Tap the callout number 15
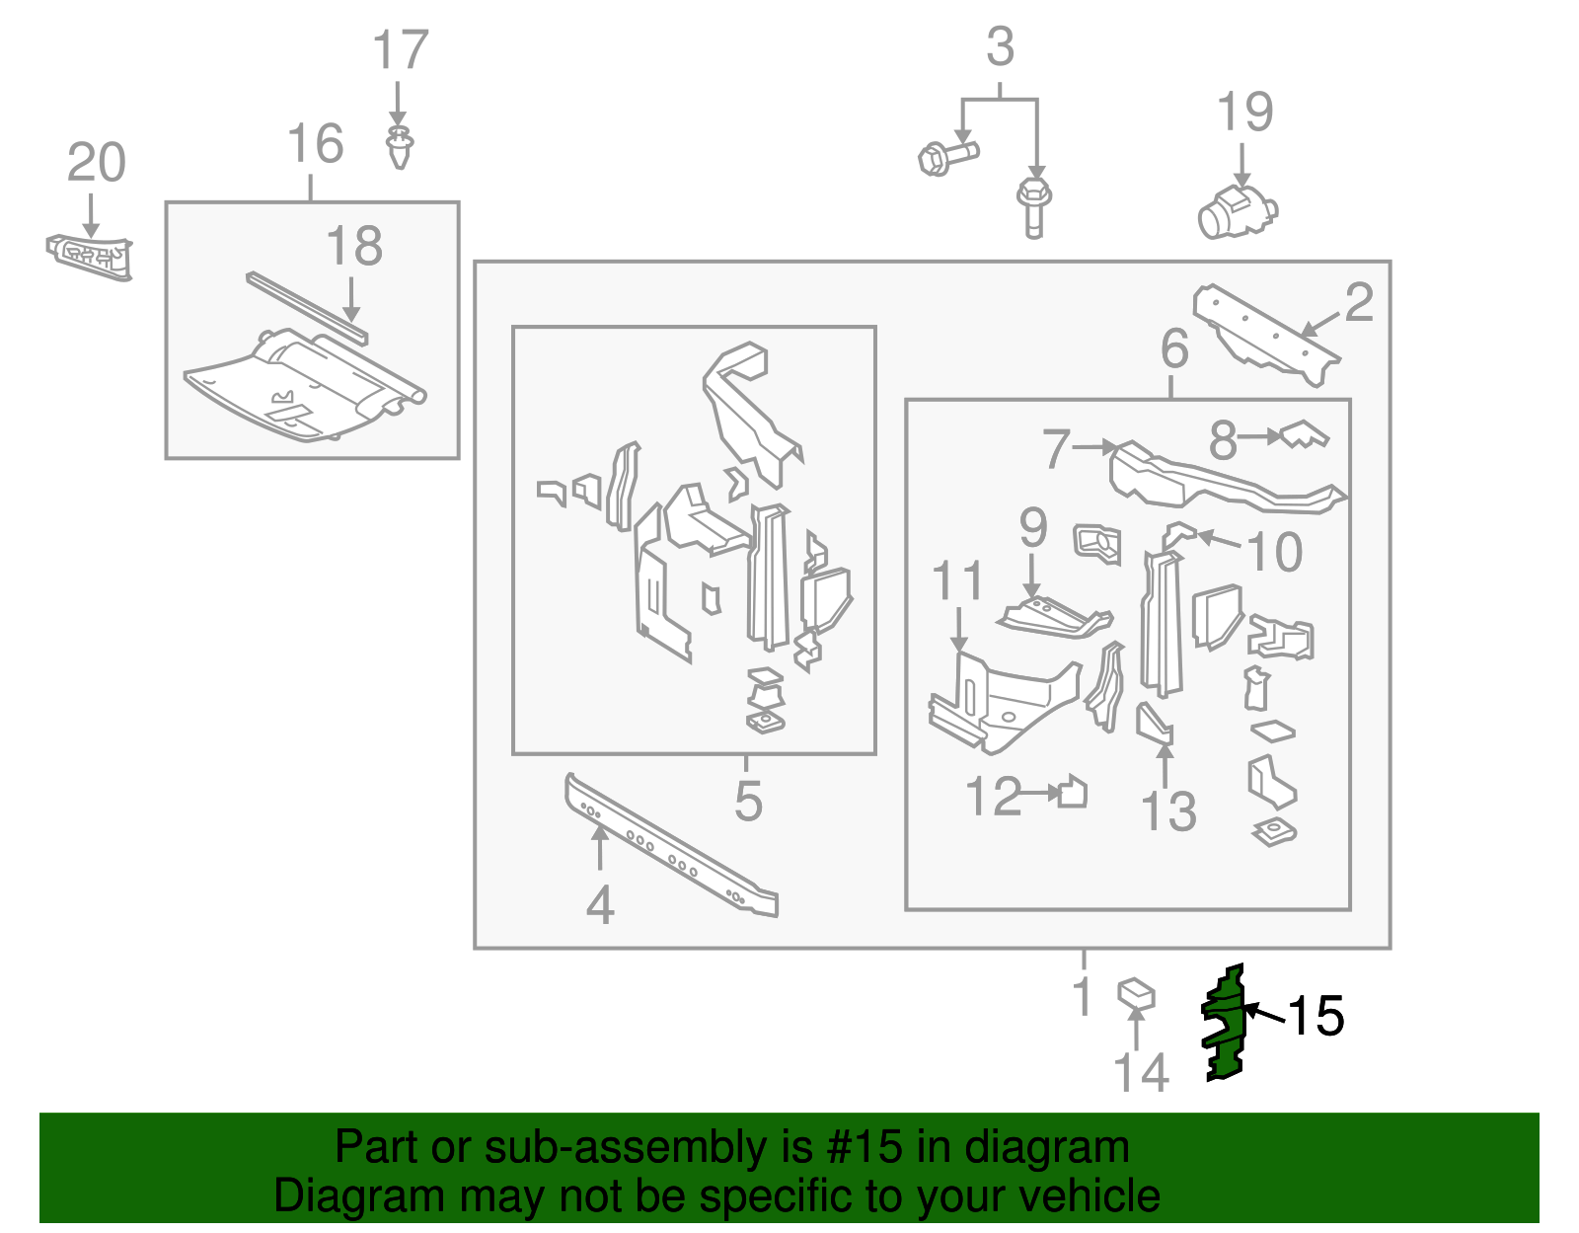tap(1316, 1016)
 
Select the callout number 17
tap(401, 51)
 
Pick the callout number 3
tap(1000, 47)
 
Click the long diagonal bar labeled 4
tap(671, 846)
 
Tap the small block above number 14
tap(1136, 993)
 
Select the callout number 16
tap(315, 144)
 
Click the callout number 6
tap(1174, 348)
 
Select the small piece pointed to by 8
tap(1304, 434)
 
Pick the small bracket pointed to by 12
tap(1073, 793)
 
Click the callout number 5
tap(748, 800)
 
